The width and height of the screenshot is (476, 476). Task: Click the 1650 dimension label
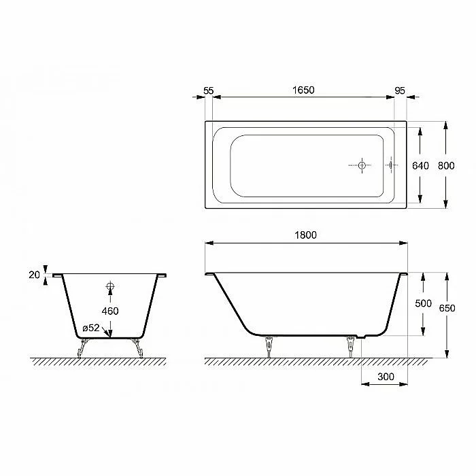(303, 90)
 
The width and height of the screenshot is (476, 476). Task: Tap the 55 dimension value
(209, 90)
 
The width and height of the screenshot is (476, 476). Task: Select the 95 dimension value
(400, 90)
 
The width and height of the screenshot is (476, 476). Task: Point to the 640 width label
(420, 166)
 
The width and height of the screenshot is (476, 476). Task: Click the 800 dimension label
(446, 166)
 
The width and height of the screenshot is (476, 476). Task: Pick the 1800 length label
(306, 235)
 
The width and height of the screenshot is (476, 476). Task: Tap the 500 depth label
(423, 303)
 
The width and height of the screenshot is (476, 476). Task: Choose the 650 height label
(447, 308)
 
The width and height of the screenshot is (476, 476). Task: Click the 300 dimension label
(386, 377)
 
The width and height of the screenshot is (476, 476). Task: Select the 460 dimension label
(110, 311)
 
